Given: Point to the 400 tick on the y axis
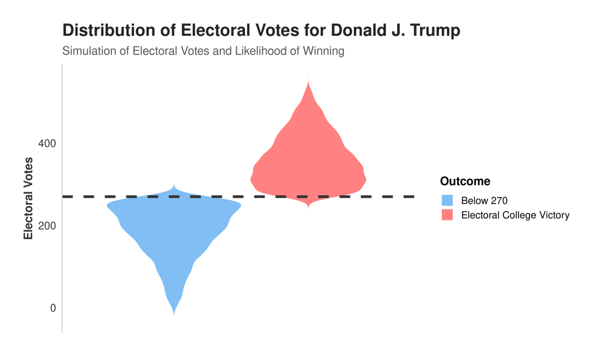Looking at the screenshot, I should pyautogui.click(x=47, y=144).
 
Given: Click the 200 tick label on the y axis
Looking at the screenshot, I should pyautogui.click(x=47, y=226).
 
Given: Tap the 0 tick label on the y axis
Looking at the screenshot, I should pyautogui.click(x=52, y=308).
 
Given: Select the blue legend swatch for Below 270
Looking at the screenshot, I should pyautogui.click(x=448, y=201).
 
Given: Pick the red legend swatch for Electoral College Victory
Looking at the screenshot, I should pyautogui.click(x=448, y=215).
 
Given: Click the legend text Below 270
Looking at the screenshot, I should pyautogui.click(x=484, y=201).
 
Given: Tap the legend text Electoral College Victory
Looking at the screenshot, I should pyautogui.click(x=515, y=215).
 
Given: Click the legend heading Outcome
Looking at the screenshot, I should pyautogui.click(x=465, y=181).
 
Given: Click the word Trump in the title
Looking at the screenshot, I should pyautogui.click(x=434, y=31).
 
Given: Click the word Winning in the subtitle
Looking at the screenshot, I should pyautogui.click(x=323, y=51).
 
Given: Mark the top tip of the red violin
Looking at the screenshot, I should pyautogui.click(x=308, y=78).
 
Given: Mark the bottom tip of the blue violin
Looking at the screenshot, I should pyautogui.click(x=174, y=315).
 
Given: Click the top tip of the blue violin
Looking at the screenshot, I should pyautogui.click(x=174, y=185).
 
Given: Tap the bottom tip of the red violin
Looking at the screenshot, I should pyautogui.click(x=308, y=208).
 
